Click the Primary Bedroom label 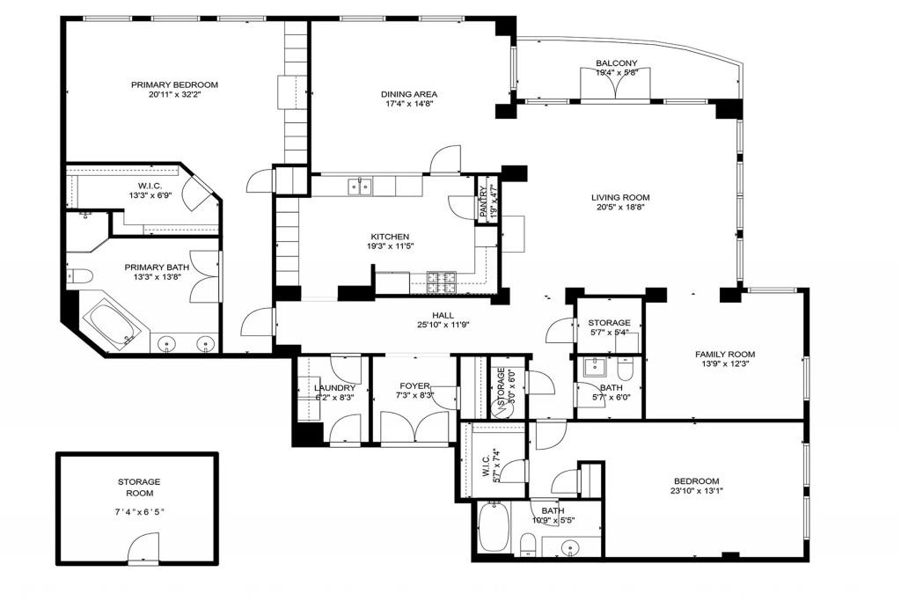174,85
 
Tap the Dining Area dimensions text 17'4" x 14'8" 409,104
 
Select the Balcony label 616,63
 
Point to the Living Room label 620,197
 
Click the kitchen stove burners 442,282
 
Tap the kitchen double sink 359,186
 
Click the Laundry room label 334,387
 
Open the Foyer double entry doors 414,429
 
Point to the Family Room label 729,355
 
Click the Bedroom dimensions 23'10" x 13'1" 697,492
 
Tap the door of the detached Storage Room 143,552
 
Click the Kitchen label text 390,237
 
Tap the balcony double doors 617,87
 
